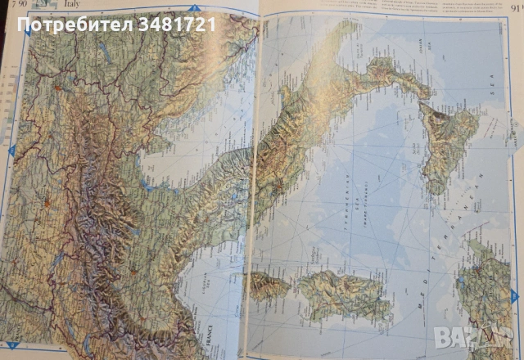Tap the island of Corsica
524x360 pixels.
(268, 286)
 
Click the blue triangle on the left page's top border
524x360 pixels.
(194, 8)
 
